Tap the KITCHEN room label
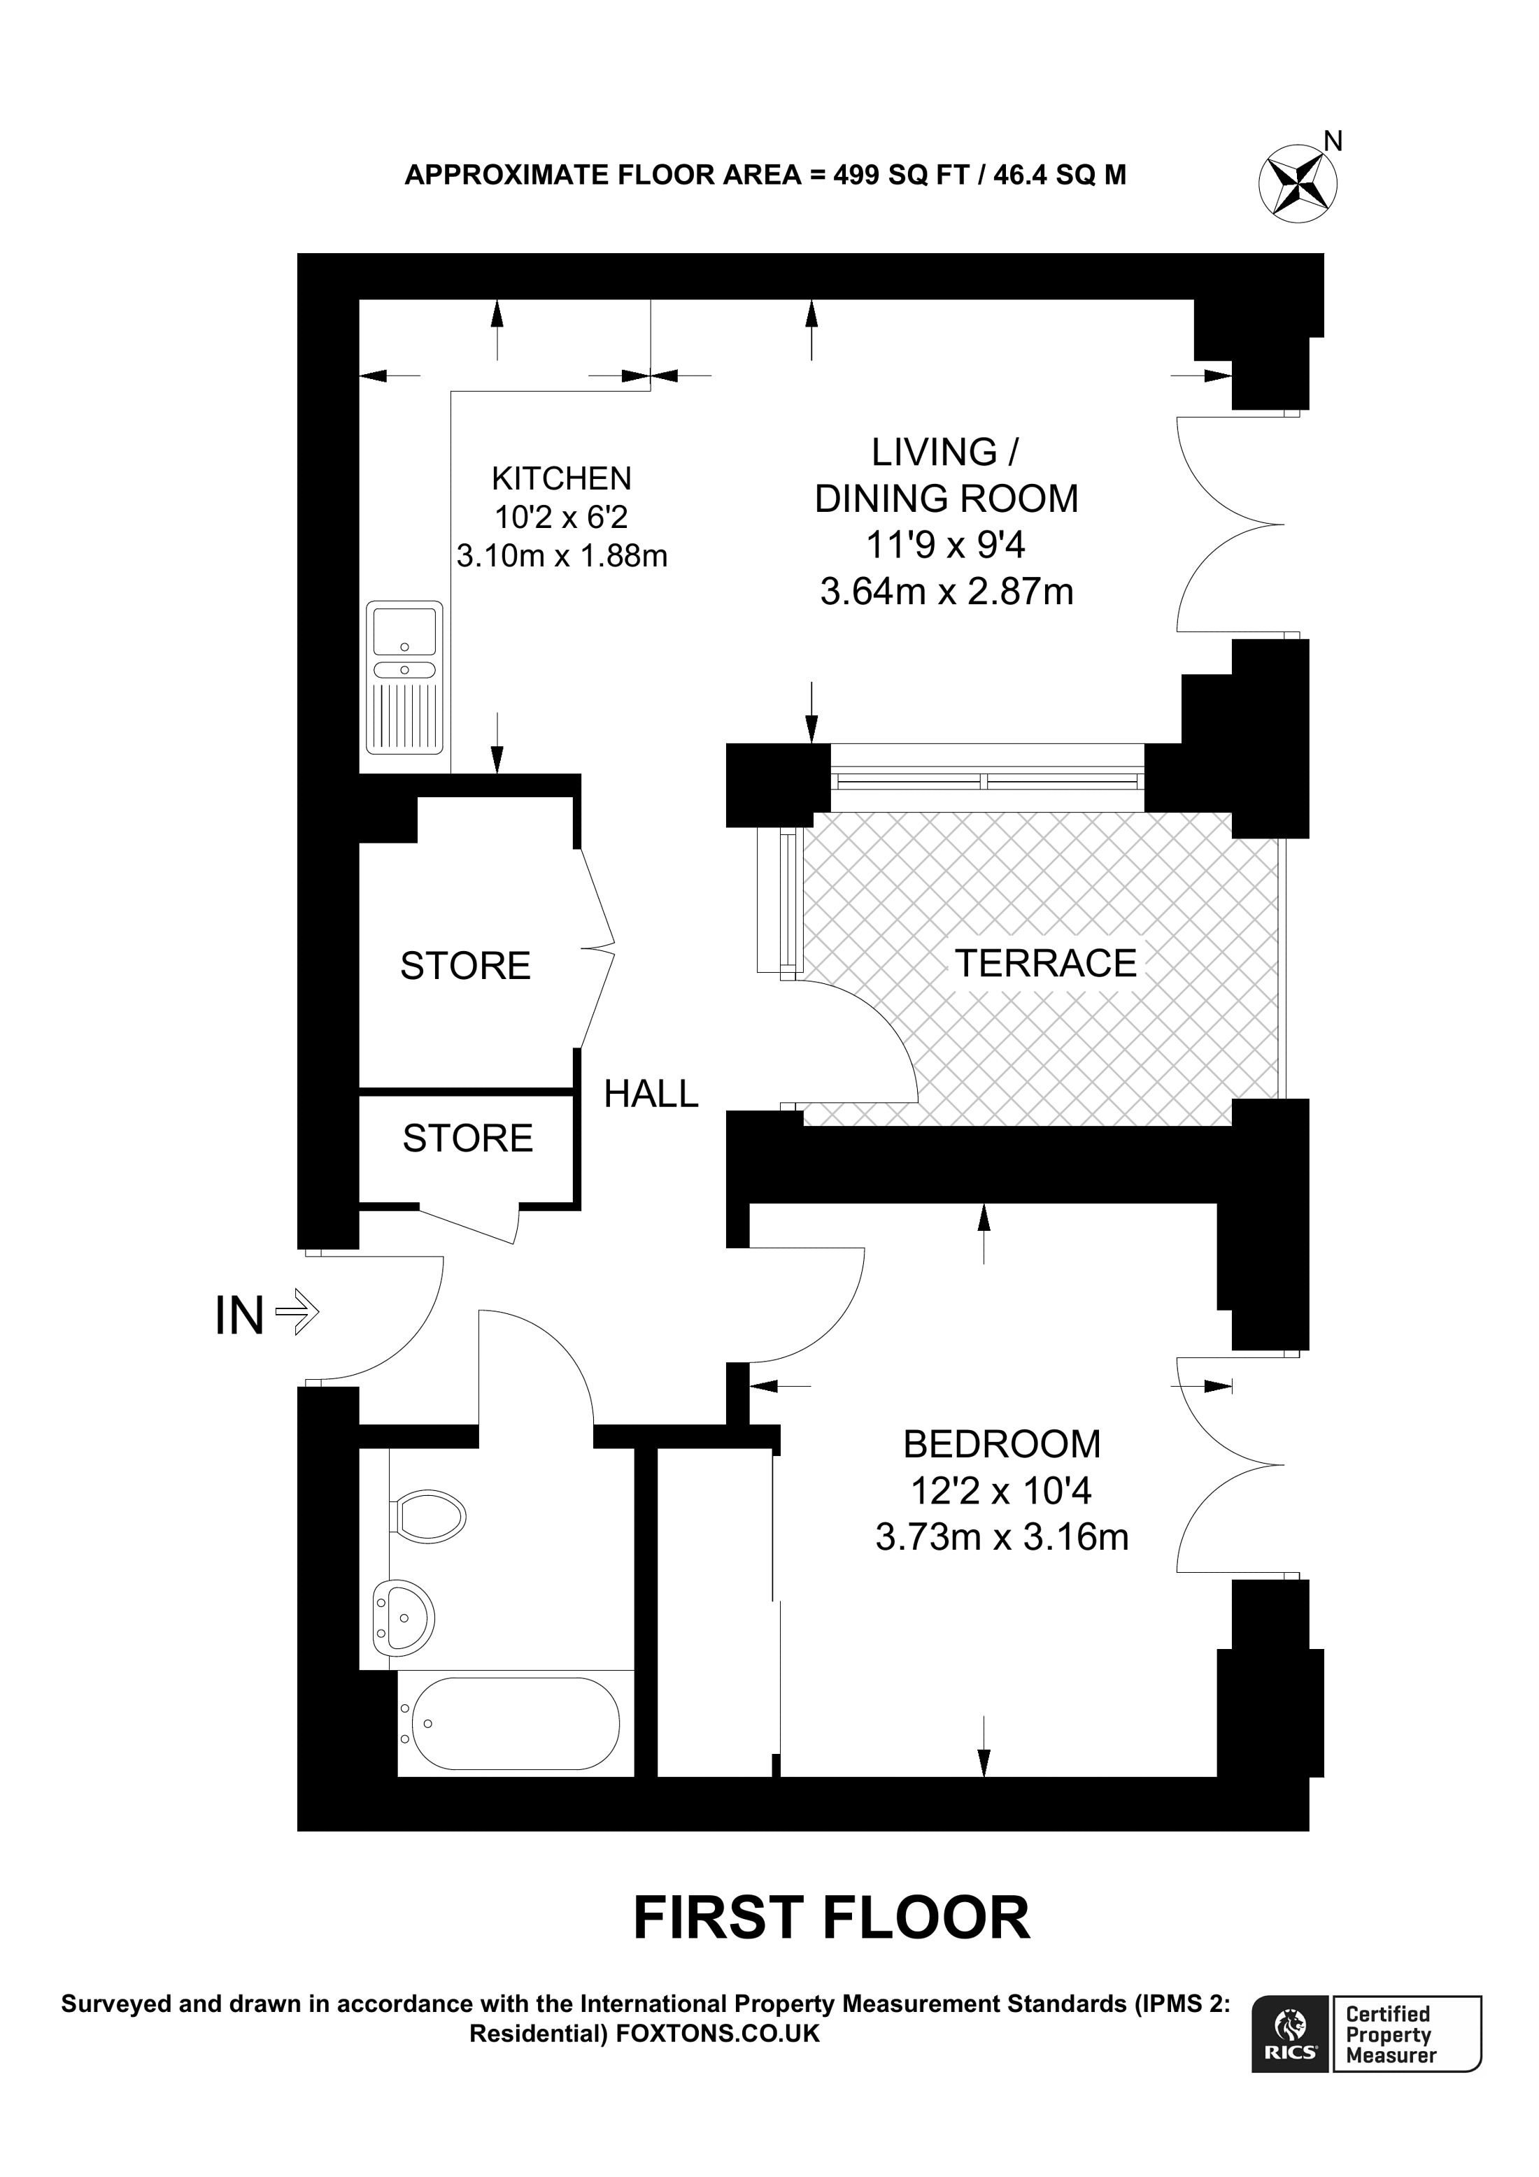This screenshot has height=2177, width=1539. [x=561, y=478]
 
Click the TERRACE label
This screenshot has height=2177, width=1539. [x=1045, y=964]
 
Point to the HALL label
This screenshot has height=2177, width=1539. [x=651, y=1094]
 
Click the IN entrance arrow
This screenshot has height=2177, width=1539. [x=297, y=1314]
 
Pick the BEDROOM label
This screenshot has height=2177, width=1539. [x=1002, y=1444]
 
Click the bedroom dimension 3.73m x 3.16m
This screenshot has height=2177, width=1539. [x=1002, y=1537]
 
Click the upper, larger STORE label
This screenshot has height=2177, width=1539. [x=466, y=966]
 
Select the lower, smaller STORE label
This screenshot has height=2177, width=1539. [x=469, y=1138]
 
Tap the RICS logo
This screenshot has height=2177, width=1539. [x=1291, y=2034]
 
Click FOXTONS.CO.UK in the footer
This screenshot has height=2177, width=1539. [x=718, y=2034]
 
